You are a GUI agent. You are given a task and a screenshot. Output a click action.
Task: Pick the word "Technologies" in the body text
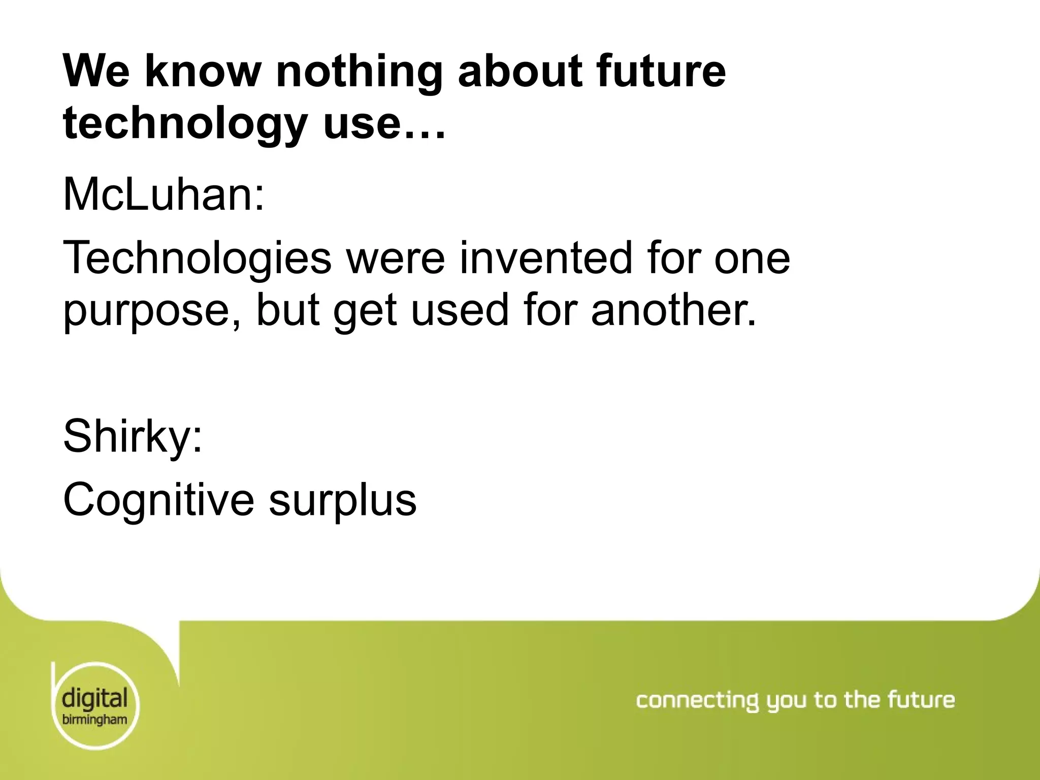pos(197,258)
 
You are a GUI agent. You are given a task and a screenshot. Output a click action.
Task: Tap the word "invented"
pos(546,258)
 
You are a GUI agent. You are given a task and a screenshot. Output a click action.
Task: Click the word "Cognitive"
pos(158,500)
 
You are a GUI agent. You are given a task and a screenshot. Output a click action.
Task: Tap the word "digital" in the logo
pos(94,699)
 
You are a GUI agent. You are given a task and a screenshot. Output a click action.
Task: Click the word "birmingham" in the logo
pos(94,720)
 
